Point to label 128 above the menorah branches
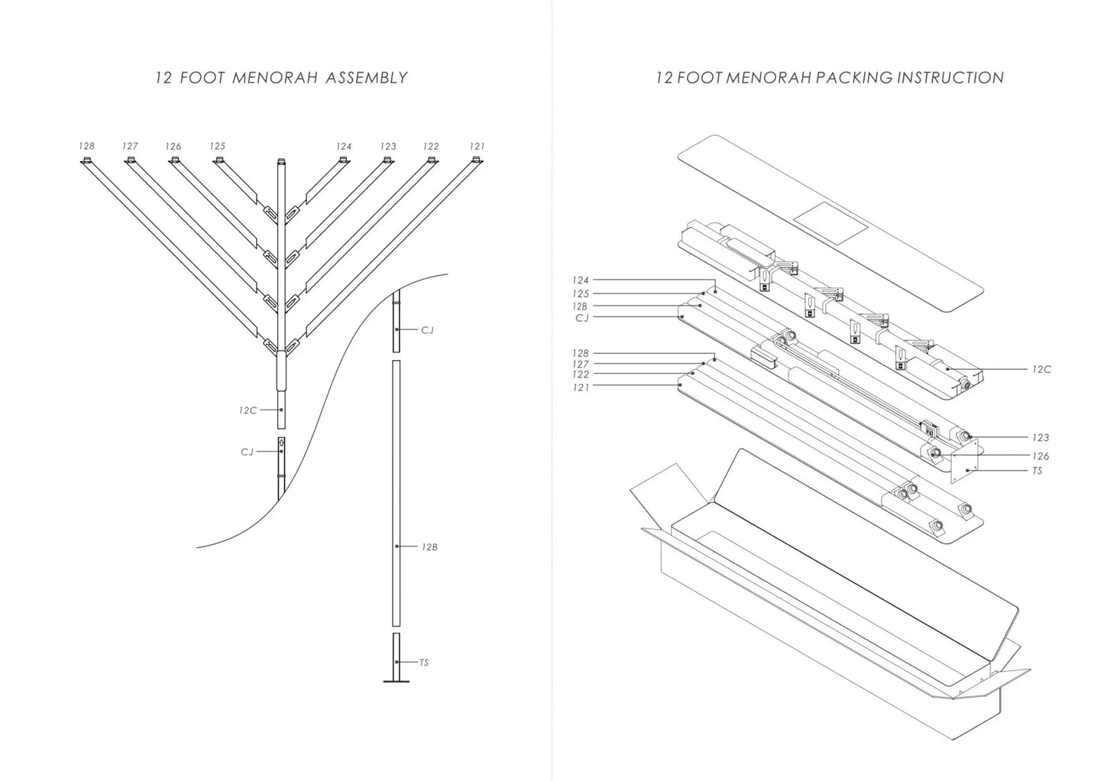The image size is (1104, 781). coord(86,146)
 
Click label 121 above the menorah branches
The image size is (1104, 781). coord(477,146)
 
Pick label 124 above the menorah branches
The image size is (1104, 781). coord(344,146)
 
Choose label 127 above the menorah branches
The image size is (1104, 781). coord(130,146)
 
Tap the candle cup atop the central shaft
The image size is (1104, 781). coord(281,161)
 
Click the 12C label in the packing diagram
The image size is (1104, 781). coord(1041,370)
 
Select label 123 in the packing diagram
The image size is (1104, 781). coord(1040,438)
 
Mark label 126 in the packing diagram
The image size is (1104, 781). coord(1040,456)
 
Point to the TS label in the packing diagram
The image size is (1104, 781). coord(1037,471)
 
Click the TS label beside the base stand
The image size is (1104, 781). coord(424,663)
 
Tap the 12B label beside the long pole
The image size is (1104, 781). coord(429,547)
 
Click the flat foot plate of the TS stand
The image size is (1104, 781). coord(396,680)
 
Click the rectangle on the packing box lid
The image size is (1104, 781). coord(830,220)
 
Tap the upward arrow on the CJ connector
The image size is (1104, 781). coord(281,442)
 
